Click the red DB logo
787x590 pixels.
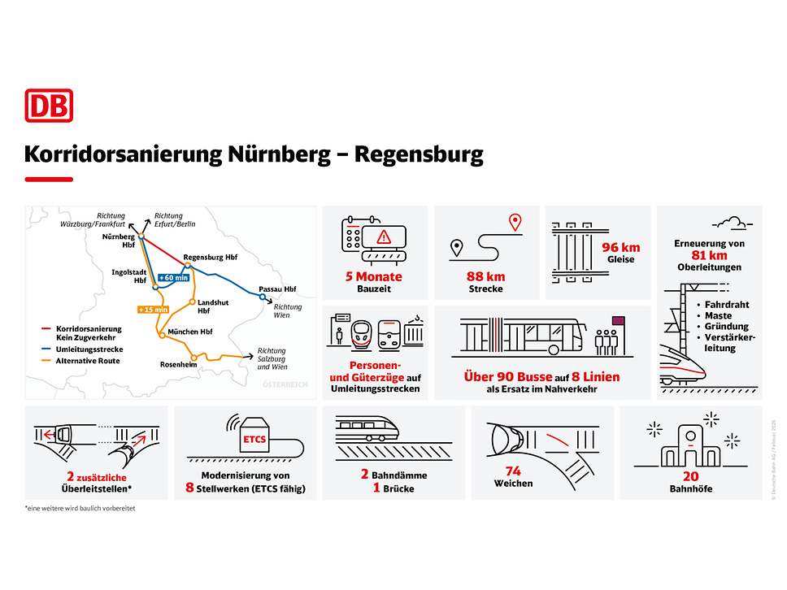[49, 106]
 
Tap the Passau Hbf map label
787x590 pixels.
[277, 288]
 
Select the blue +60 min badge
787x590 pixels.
[173, 277]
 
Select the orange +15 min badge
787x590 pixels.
[153, 309]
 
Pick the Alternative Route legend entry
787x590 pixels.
[88, 360]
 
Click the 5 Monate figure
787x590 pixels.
[374, 277]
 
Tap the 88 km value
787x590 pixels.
[486, 277]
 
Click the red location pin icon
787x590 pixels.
[514, 222]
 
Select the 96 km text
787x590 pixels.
[621, 247]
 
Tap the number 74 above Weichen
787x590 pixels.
[513, 471]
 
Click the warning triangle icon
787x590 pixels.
[384, 236]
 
